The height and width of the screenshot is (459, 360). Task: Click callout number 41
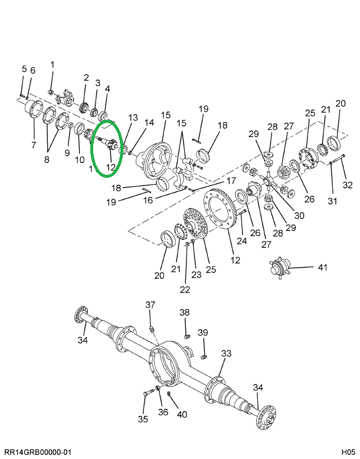pos(322,268)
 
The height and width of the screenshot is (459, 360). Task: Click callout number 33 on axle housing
pos(227,354)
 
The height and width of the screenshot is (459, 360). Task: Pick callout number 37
pos(150,305)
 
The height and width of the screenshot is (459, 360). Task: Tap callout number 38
pos(185,312)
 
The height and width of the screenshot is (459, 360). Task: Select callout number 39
pos(202,333)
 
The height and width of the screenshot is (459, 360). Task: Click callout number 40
pos(182,414)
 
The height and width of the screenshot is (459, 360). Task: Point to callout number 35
pos(143,419)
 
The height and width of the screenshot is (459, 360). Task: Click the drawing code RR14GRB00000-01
pos(37,452)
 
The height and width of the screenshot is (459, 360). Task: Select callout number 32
pos(347,185)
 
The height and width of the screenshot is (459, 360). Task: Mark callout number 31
pos(332,201)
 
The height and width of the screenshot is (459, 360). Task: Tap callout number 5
pos(24,69)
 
